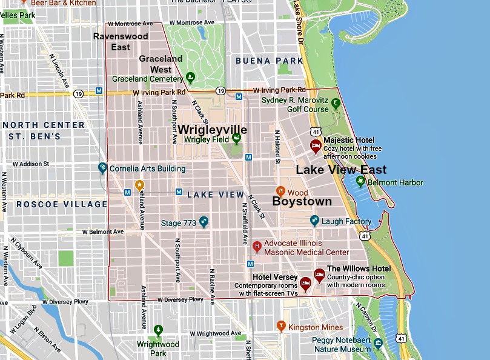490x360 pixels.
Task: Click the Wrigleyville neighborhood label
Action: pos(212,130)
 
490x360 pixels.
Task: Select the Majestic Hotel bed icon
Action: pos(316,145)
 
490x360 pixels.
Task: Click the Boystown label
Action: pos(302,201)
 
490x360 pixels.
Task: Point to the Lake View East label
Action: pos(340,170)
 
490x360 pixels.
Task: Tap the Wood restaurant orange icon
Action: pos(280,192)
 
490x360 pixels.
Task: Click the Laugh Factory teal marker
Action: pos(314,221)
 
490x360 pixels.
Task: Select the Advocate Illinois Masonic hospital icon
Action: pos(257,246)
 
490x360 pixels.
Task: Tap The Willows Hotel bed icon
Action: pos(319,274)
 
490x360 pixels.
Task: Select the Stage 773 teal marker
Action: pos(204,222)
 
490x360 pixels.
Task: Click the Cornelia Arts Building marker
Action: pos(103,168)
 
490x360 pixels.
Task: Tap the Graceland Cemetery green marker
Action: pos(190,77)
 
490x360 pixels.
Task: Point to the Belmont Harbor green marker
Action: pos(360,181)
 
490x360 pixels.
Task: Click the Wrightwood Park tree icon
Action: pos(158,330)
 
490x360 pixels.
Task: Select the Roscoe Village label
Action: pos(62,204)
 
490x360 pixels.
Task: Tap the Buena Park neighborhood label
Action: pos(269,61)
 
